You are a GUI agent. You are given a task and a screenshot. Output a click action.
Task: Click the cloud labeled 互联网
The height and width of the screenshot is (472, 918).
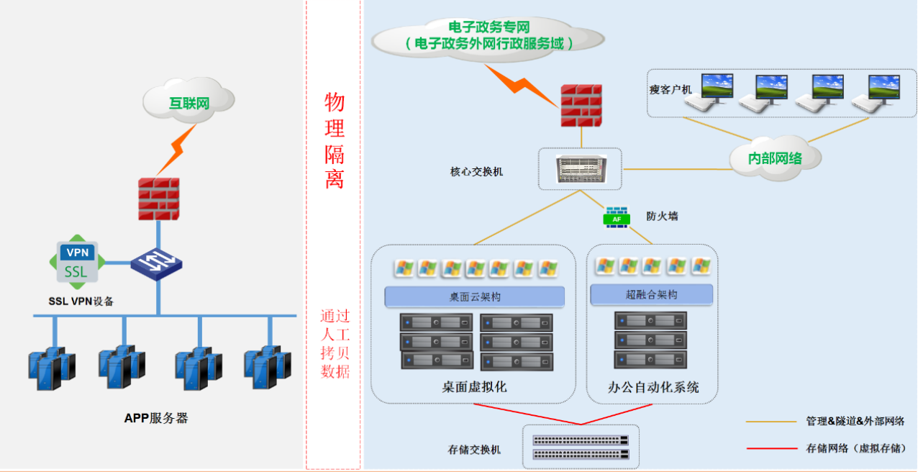[189, 101]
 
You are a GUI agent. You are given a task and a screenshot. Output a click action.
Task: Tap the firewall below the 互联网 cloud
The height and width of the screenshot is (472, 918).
[158, 199]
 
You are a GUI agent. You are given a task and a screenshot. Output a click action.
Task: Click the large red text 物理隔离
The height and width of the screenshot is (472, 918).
[334, 141]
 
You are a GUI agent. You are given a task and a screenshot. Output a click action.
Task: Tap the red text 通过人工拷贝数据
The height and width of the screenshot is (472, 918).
[335, 344]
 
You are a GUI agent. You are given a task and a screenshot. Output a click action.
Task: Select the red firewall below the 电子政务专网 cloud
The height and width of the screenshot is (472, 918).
[581, 106]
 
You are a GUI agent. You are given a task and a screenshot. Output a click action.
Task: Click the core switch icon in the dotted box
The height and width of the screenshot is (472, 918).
[581, 169]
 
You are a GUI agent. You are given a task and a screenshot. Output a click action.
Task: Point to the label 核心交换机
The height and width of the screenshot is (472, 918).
[478, 172]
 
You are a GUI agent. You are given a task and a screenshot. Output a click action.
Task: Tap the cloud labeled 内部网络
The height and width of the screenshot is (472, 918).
[774, 158]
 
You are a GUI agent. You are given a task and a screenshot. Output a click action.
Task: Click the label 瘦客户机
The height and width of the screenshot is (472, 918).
[670, 90]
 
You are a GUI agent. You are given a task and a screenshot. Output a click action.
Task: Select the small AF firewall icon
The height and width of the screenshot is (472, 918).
[617, 218]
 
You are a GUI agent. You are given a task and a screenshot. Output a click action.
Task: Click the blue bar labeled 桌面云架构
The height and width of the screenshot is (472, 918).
[474, 297]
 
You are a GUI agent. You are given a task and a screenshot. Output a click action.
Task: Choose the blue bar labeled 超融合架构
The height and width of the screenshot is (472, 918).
[651, 294]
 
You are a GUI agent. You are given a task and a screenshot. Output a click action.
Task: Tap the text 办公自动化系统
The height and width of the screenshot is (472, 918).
[653, 387]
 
